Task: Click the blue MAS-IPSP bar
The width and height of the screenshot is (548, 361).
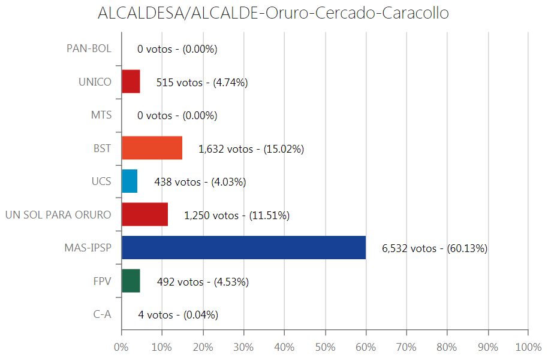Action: pos(243,248)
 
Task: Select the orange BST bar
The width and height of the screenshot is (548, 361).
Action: pos(152,148)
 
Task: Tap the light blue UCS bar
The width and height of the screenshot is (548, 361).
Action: pos(130,181)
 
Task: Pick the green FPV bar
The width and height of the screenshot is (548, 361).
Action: pos(131,281)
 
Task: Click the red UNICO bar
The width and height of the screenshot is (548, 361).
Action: pos(131,81)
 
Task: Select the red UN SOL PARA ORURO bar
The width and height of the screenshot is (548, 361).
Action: pos(144,214)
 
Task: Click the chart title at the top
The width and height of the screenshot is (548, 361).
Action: pos(273,13)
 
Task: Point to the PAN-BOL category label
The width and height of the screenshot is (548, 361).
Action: pos(89,48)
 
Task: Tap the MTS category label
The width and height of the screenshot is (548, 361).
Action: pos(101,115)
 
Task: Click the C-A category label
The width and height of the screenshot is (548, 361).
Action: pos(102,314)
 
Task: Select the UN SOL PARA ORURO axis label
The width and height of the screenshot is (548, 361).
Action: pos(58,214)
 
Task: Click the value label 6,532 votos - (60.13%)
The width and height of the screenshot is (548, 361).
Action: pos(434,248)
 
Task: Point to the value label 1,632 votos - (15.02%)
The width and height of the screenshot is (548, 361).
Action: pos(251,149)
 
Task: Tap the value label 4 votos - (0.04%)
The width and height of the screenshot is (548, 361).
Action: pos(177,315)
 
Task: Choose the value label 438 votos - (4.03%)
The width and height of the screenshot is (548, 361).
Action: pos(200,182)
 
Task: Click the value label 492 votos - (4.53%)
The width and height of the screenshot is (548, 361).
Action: pos(202,282)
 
